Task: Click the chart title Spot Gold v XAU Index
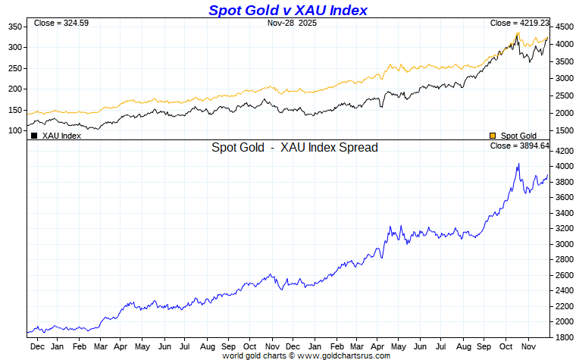click(287, 10)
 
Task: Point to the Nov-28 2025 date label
click(293, 23)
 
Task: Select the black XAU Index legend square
click(34, 136)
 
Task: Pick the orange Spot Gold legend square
click(493, 136)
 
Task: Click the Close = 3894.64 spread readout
click(519, 146)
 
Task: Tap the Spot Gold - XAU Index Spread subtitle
click(295, 148)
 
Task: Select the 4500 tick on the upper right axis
click(564, 27)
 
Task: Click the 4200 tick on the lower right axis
click(564, 151)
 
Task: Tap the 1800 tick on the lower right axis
click(564, 337)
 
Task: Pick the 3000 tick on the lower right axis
click(564, 244)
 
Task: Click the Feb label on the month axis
click(79, 346)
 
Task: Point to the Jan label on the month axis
click(57, 346)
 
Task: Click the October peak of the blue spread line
click(518, 163)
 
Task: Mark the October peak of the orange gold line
click(518, 33)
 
